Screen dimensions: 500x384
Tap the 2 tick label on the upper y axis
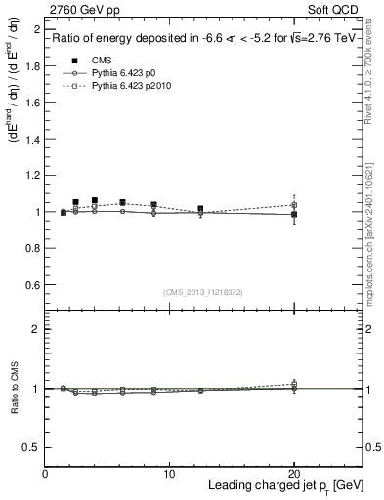coord(34,30)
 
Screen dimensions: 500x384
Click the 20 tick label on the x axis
coord(293,474)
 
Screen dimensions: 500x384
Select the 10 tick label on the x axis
coord(169,474)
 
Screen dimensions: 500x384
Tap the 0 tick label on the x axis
coord(45,474)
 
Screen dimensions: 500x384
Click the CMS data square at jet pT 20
coord(294,214)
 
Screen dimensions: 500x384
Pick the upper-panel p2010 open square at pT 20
coord(294,205)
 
